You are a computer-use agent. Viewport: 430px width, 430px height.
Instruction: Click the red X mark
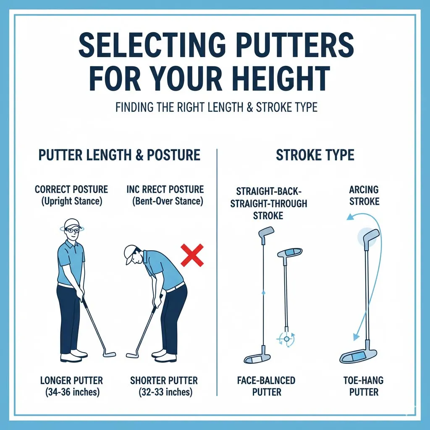pos(192,255)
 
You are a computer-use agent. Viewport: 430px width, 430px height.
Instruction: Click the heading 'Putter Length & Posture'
pos(119,155)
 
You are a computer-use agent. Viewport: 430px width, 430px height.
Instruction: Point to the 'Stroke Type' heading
pos(315,155)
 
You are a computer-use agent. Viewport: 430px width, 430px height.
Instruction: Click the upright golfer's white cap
pos(72,223)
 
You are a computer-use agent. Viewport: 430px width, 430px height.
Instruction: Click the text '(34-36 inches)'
pos(71,392)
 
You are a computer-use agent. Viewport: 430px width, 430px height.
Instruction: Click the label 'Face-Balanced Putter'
pos(267,386)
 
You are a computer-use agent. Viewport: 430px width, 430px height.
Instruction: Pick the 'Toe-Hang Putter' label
pos(364,386)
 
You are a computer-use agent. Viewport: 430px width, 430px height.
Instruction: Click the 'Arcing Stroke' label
pos(364,196)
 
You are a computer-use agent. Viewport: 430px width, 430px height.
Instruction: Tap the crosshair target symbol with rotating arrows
pos(287,338)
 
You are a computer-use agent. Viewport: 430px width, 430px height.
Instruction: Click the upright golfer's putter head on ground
pos(110,355)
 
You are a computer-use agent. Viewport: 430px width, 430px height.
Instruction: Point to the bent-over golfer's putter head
pos(132,355)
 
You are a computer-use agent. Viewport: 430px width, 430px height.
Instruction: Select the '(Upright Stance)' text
pos(71,201)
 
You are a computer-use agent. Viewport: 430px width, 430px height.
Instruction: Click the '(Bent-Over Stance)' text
pos(168,201)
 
